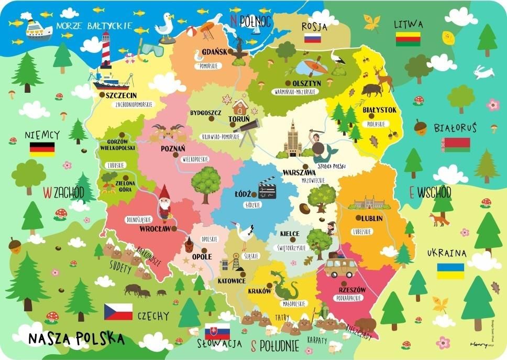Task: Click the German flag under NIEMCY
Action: (42, 149)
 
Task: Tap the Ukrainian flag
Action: (450, 271)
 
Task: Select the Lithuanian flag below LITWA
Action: (408, 39)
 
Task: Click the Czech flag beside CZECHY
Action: (118, 312)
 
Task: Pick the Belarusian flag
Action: (455, 145)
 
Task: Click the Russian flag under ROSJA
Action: (312, 38)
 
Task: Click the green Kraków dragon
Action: (285, 287)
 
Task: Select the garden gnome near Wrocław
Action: (165, 202)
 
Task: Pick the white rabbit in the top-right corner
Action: (483, 72)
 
